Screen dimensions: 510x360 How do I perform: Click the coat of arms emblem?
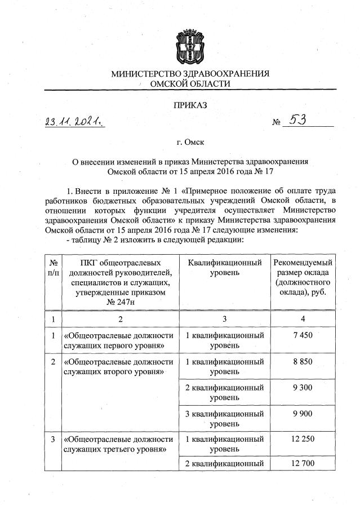click(x=190, y=44)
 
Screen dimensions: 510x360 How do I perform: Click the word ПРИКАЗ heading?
click(x=190, y=105)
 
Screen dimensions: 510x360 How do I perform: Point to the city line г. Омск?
click(x=190, y=143)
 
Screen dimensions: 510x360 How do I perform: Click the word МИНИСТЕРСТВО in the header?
click(x=143, y=74)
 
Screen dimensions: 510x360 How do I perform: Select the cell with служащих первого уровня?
click(x=118, y=340)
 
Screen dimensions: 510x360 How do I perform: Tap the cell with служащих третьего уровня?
click(x=118, y=444)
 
